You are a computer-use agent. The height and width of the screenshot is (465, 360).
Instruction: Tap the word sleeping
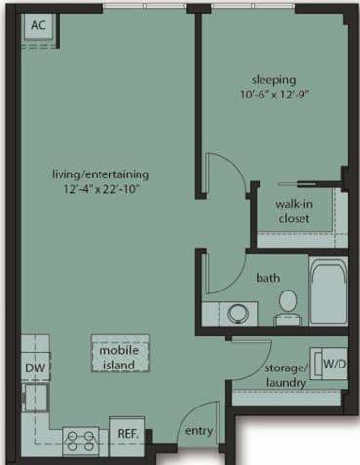[275, 79]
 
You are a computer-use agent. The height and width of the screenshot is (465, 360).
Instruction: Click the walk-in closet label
[293, 212]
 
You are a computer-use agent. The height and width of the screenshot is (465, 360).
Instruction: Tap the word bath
[268, 278]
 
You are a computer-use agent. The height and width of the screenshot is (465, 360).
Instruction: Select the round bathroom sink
[236, 313]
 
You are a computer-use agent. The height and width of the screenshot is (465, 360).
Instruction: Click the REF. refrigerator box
[126, 433]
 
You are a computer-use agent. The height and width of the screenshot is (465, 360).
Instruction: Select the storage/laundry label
[286, 375]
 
